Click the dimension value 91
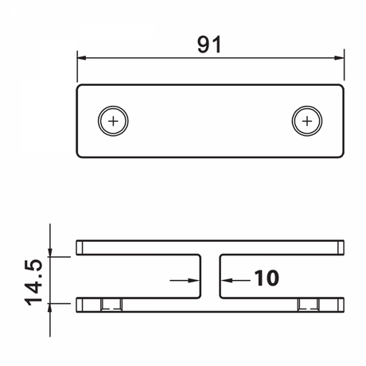209,45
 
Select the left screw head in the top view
114,122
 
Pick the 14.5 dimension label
33,279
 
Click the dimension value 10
267,279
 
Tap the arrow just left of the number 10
228,279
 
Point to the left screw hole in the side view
112,305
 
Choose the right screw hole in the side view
309,305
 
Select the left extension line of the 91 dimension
77,68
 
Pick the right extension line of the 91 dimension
344,68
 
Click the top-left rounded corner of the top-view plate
80,87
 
